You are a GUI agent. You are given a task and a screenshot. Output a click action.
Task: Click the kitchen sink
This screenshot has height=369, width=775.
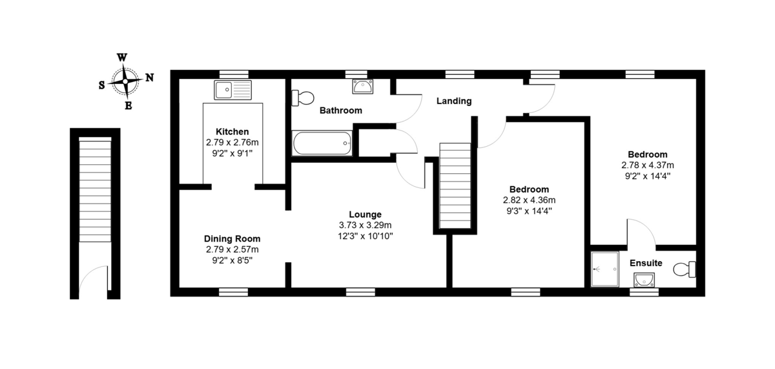click(232, 90)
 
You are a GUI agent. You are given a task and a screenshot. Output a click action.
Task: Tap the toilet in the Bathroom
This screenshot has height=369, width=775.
click(303, 98)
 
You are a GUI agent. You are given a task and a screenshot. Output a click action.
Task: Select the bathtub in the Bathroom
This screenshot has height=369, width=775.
click(322, 143)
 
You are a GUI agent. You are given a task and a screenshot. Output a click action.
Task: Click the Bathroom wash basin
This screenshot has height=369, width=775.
click(362, 86)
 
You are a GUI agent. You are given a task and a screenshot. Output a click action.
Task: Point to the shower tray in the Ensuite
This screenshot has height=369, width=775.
click(604, 269)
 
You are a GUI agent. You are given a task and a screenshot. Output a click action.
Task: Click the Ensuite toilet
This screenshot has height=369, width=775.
click(685, 269)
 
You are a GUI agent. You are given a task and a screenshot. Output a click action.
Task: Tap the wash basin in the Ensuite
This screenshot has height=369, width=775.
click(645, 280)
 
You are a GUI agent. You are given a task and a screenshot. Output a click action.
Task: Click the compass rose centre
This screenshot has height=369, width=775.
click(125, 81)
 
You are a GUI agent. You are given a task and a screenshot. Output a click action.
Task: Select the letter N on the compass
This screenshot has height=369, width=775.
click(149, 78)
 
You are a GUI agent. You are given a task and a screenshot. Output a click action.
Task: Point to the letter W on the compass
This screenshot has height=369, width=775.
click(122, 58)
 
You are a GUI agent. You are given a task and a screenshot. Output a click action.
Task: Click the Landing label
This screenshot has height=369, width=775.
click(454, 101)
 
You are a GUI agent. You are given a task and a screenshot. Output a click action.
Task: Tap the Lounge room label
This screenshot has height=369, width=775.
click(365, 215)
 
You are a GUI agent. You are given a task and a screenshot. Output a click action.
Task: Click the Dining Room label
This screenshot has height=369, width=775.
click(232, 238)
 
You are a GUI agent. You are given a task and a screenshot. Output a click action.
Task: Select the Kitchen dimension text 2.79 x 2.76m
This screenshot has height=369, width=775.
click(232, 142)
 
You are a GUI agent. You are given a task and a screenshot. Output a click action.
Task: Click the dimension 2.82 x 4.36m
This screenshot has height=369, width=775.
click(529, 200)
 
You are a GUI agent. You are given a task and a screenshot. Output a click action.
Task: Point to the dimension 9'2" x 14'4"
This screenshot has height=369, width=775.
click(647, 176)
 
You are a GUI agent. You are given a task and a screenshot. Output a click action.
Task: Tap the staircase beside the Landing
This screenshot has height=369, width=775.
click(455, 186)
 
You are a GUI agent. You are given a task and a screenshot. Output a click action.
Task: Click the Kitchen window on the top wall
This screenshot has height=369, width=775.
click(234, 74)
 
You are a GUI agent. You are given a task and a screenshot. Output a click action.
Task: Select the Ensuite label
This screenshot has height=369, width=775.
click(646, 263)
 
